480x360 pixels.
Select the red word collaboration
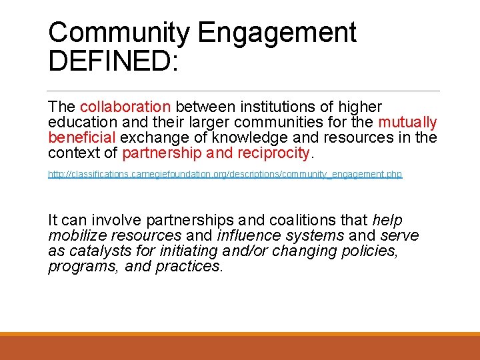pyautogui.click(x=125, y=107)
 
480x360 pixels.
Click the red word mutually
pyautogui.click(x=407, y=123)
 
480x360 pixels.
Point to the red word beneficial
pyautogui.click(x=82, y=138)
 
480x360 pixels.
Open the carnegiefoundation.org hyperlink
pyautogui.click(x=225, y=175)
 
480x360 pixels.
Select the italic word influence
pyautogui.click(x=246, y=236)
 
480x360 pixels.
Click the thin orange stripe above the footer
pyautogui.click(x=240, y=333)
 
